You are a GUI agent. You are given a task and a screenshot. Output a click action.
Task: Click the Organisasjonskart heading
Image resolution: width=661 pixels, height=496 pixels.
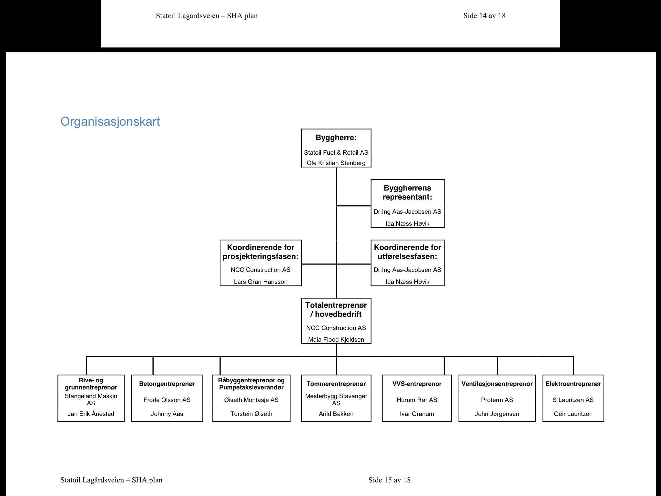110,122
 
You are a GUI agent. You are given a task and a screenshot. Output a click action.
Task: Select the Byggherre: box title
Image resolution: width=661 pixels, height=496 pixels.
336,138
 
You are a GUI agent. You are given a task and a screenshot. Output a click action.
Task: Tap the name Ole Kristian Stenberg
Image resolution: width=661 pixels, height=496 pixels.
336,163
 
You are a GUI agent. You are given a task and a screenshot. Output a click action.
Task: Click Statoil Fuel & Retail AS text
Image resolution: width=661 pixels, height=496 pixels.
336,153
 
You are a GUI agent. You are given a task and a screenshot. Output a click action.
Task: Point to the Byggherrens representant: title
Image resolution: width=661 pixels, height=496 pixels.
407,192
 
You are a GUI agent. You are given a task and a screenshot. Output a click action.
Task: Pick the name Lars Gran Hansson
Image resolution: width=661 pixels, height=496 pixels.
260,282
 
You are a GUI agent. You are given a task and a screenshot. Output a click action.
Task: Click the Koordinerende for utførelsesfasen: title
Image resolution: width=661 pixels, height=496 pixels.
407,252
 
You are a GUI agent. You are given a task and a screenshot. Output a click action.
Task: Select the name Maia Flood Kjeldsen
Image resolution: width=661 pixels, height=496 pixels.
336,340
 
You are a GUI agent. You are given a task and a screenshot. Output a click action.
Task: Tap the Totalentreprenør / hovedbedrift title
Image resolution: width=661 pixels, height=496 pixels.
336,310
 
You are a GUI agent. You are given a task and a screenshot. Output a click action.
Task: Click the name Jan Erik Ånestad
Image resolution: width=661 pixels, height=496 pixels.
91,414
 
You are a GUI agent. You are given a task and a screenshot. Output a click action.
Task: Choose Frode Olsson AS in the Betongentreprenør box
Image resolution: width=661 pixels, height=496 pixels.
167,400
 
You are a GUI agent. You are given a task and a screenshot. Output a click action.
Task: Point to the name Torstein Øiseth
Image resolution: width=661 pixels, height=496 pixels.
251,414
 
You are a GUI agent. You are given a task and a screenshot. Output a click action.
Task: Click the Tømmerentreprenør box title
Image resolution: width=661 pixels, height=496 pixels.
336,384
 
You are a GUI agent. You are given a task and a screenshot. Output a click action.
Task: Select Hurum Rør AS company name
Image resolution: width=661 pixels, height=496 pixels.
417,400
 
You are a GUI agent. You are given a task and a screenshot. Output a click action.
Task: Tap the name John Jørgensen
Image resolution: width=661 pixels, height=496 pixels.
497,414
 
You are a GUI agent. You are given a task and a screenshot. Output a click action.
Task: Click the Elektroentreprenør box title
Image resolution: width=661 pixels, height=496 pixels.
573,384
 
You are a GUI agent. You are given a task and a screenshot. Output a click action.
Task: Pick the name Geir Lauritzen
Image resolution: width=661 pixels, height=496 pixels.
573,414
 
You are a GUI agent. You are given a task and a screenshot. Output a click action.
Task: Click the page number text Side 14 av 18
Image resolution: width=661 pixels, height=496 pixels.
484,16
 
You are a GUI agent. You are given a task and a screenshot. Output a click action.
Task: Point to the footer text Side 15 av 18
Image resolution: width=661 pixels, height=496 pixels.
389,480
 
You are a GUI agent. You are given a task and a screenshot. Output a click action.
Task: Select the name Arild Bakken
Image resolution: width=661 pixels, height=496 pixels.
336,414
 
